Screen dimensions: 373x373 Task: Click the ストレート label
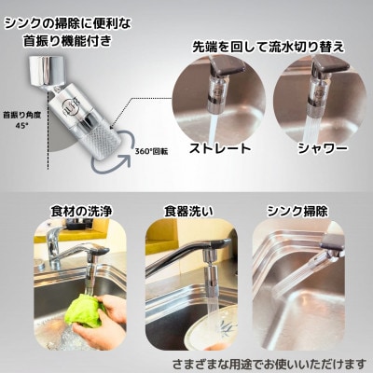click(x=220, y=148)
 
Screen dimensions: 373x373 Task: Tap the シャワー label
click(x=323, y=148)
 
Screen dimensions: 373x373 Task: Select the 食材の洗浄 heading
click(x=81, y=212)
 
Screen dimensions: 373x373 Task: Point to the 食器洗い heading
click(x=188, y=212)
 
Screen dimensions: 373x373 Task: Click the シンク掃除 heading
click(x=297, y=212)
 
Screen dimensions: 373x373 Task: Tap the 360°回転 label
click(x=152, y=152)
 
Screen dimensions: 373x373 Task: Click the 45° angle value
click(x=21, y=127)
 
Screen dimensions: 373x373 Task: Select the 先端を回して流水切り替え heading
click(x=269, y=48)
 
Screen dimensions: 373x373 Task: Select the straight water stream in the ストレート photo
click(x=213, y=129)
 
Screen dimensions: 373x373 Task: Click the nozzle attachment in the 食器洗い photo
click(x=211, y=262)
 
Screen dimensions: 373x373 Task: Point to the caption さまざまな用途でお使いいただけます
click(x=269, y=363)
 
